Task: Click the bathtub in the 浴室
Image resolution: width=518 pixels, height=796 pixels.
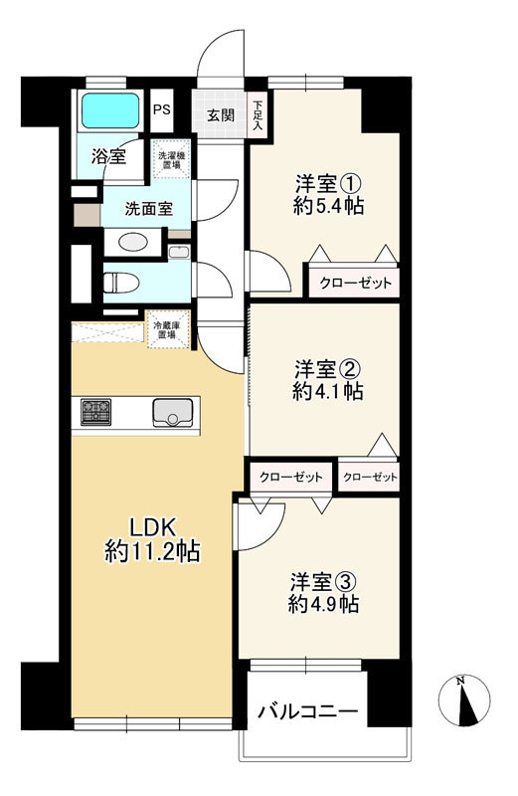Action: [110, 110]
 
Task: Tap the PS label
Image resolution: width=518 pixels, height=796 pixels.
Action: [162, 110]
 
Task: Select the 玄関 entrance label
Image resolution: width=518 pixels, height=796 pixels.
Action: [221, 115]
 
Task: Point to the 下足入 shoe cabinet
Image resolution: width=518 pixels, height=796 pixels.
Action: [259, 113]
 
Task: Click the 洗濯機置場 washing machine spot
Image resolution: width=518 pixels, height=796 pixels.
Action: [171, 160]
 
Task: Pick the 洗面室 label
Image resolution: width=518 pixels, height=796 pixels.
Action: [149, 208]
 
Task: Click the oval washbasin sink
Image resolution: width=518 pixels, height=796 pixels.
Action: [133, 242]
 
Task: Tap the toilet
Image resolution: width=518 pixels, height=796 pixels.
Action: [120, 283]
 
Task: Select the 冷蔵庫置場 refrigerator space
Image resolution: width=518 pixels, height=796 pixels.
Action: [168, 330]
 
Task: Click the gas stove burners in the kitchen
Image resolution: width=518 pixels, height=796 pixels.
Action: [95, 412]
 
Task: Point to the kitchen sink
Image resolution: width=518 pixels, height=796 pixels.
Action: [173, 413]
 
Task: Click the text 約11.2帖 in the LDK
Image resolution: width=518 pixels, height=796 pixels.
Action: [152, 552]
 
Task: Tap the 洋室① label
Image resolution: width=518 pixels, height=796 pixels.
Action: [328, 183]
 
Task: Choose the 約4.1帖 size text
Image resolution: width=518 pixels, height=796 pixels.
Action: [327, 391]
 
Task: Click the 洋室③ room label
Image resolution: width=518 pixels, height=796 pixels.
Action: [324, 582]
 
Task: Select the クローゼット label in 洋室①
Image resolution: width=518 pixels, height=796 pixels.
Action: [355, 283]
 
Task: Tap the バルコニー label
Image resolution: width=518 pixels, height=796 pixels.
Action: [308, 711]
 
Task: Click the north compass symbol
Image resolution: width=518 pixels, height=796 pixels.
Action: [464, 700]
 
